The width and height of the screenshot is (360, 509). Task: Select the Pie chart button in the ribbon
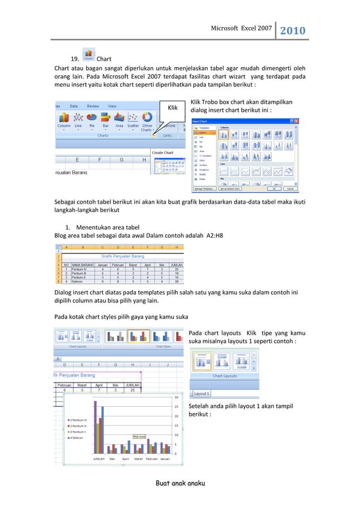click(90, 120)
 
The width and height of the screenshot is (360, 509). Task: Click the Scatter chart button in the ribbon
click(133, 120)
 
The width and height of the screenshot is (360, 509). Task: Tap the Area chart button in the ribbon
click(119, 120)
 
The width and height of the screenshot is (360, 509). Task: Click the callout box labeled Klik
click(173, 107)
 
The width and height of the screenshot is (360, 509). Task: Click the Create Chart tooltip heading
click(163, 153)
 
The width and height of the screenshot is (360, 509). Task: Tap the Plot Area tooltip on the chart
click(140, 436)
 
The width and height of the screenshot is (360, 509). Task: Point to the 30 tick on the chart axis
click(177, 397)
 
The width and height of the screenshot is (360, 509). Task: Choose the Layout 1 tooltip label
click(201, 393)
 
